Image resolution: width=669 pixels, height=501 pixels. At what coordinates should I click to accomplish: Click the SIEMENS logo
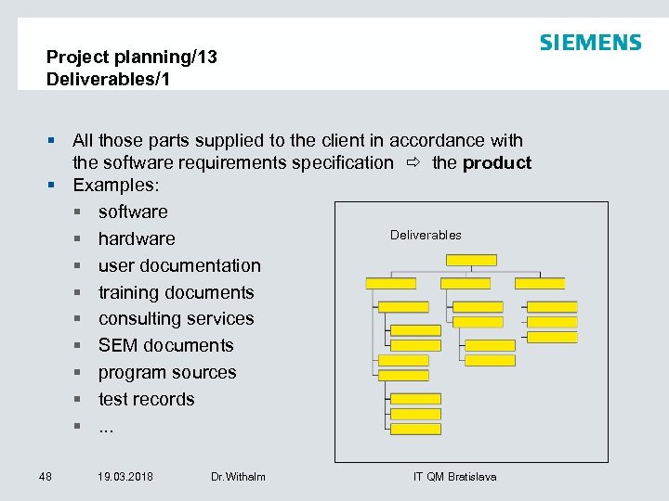point(590,43)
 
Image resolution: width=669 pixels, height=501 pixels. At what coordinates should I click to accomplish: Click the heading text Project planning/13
point(131,58)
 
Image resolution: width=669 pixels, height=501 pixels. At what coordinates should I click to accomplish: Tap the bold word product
point(497,163)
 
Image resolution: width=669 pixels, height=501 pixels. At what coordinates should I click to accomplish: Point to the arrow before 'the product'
point(413,163)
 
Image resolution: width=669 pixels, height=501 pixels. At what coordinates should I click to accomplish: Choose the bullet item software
point(133,212)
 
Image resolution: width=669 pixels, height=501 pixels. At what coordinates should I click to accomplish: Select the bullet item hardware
point(137,239)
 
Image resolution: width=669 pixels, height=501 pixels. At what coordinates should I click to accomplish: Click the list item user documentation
point(179,266)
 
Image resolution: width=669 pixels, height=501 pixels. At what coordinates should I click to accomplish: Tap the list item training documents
point(176,293)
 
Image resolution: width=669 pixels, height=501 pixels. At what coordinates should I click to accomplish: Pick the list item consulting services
point(176,319)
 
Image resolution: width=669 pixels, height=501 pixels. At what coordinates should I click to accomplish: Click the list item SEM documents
point(165,346)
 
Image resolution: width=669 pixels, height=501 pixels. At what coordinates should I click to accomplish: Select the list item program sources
point(167,373)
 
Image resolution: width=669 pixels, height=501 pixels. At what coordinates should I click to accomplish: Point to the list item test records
point(146,400)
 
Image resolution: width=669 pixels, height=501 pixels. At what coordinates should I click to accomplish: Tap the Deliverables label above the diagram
point(426,236)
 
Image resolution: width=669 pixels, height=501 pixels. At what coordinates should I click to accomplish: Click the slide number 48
point(46,477)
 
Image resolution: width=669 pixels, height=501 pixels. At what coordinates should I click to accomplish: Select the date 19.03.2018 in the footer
point(125,477)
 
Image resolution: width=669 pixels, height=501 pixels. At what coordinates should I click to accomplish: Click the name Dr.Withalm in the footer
point(238,477)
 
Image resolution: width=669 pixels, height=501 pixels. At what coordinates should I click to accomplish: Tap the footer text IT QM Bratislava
point(454,477)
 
